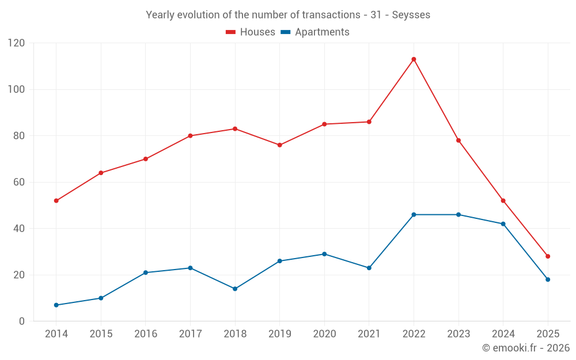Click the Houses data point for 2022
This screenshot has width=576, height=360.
414,59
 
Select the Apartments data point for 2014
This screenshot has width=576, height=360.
56,305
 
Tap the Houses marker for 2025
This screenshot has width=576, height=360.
548,256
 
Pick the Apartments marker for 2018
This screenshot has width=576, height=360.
235,289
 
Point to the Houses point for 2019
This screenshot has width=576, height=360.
279,145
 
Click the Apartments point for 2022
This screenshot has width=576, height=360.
414,215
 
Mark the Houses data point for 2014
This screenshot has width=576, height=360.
56,200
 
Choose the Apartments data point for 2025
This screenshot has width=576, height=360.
548,279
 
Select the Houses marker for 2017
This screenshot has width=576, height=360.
190,136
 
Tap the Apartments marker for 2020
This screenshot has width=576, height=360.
324,254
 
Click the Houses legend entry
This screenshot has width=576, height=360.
251,32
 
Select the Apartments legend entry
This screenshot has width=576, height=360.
315,32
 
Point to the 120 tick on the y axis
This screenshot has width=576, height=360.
17,43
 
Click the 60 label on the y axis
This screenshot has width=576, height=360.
20,182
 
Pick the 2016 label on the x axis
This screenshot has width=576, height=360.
145,334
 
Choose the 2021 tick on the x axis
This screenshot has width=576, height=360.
369,334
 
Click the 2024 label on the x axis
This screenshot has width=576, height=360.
503,334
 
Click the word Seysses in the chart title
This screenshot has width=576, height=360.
411,15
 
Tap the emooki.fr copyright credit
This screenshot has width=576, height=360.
526,348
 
